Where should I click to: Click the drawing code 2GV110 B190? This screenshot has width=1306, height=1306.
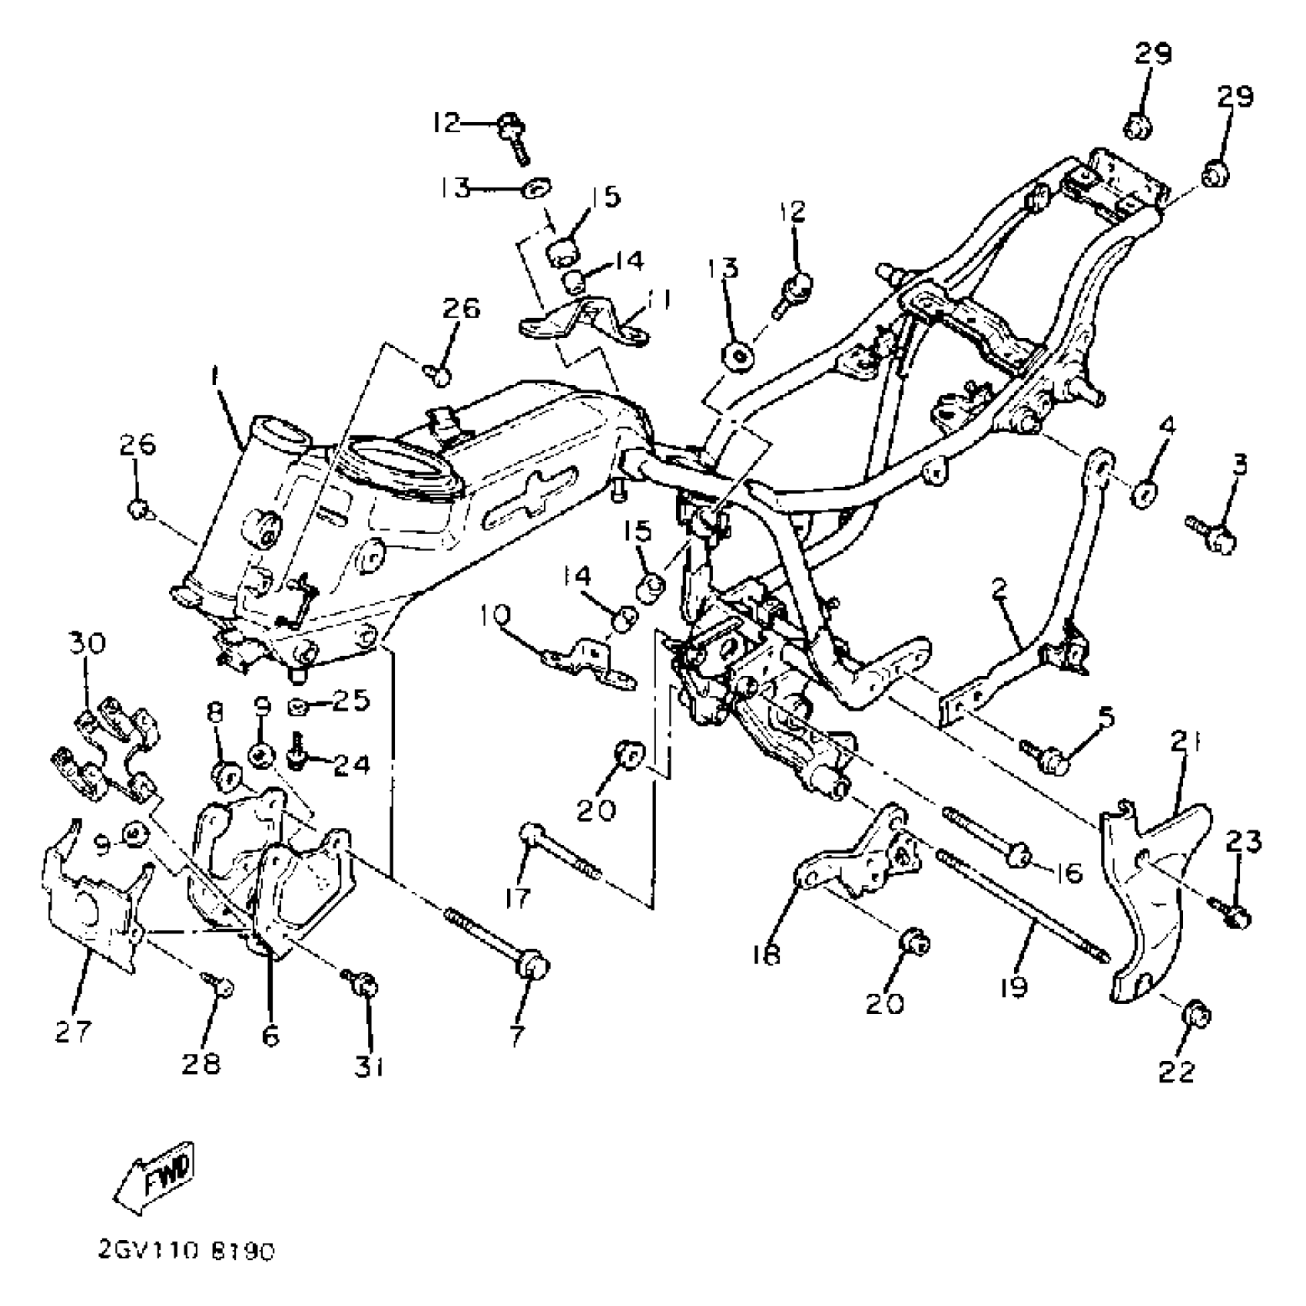186,1252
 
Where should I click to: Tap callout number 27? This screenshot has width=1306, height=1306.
74,1030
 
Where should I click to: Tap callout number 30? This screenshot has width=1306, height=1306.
88,643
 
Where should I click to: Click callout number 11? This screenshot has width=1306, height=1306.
658,300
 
